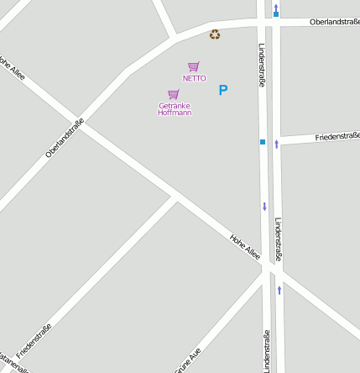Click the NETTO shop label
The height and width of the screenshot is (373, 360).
point(194,78)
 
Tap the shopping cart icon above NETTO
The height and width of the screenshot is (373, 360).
point(194,66)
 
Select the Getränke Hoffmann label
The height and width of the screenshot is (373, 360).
point(175,108)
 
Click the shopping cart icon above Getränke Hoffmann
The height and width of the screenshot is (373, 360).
point(174,94)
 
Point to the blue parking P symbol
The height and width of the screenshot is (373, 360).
point(223,90)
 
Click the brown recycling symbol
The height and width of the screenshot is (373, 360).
point(215,34)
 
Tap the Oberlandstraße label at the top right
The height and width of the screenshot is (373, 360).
point(334,21)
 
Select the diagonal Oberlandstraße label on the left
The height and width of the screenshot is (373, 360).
point(65,139)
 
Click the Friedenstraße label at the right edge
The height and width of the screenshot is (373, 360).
point(337,136)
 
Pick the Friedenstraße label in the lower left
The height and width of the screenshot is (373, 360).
point(34,340)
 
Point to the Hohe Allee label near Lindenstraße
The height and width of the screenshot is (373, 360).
point(246,247)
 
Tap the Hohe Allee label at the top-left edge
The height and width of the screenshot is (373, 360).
point(13,69)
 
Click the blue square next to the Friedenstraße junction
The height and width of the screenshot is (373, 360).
point(263,142)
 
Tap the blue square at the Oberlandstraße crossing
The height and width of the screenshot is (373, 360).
point(276,14)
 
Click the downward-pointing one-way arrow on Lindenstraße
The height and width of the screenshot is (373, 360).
point(264,206)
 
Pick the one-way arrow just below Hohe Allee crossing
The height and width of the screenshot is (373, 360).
point(279,290)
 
